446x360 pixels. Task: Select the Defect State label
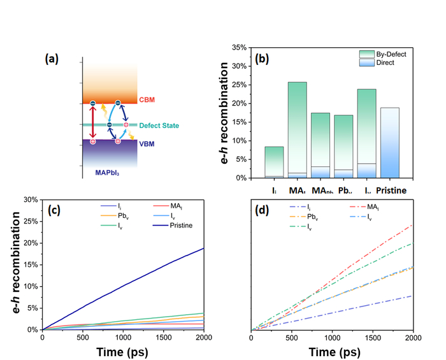(157, 125)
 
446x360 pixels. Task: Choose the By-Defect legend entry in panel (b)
(391, 54)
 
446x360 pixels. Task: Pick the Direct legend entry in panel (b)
(386, 63)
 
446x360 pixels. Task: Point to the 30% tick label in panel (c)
(29, 199)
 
